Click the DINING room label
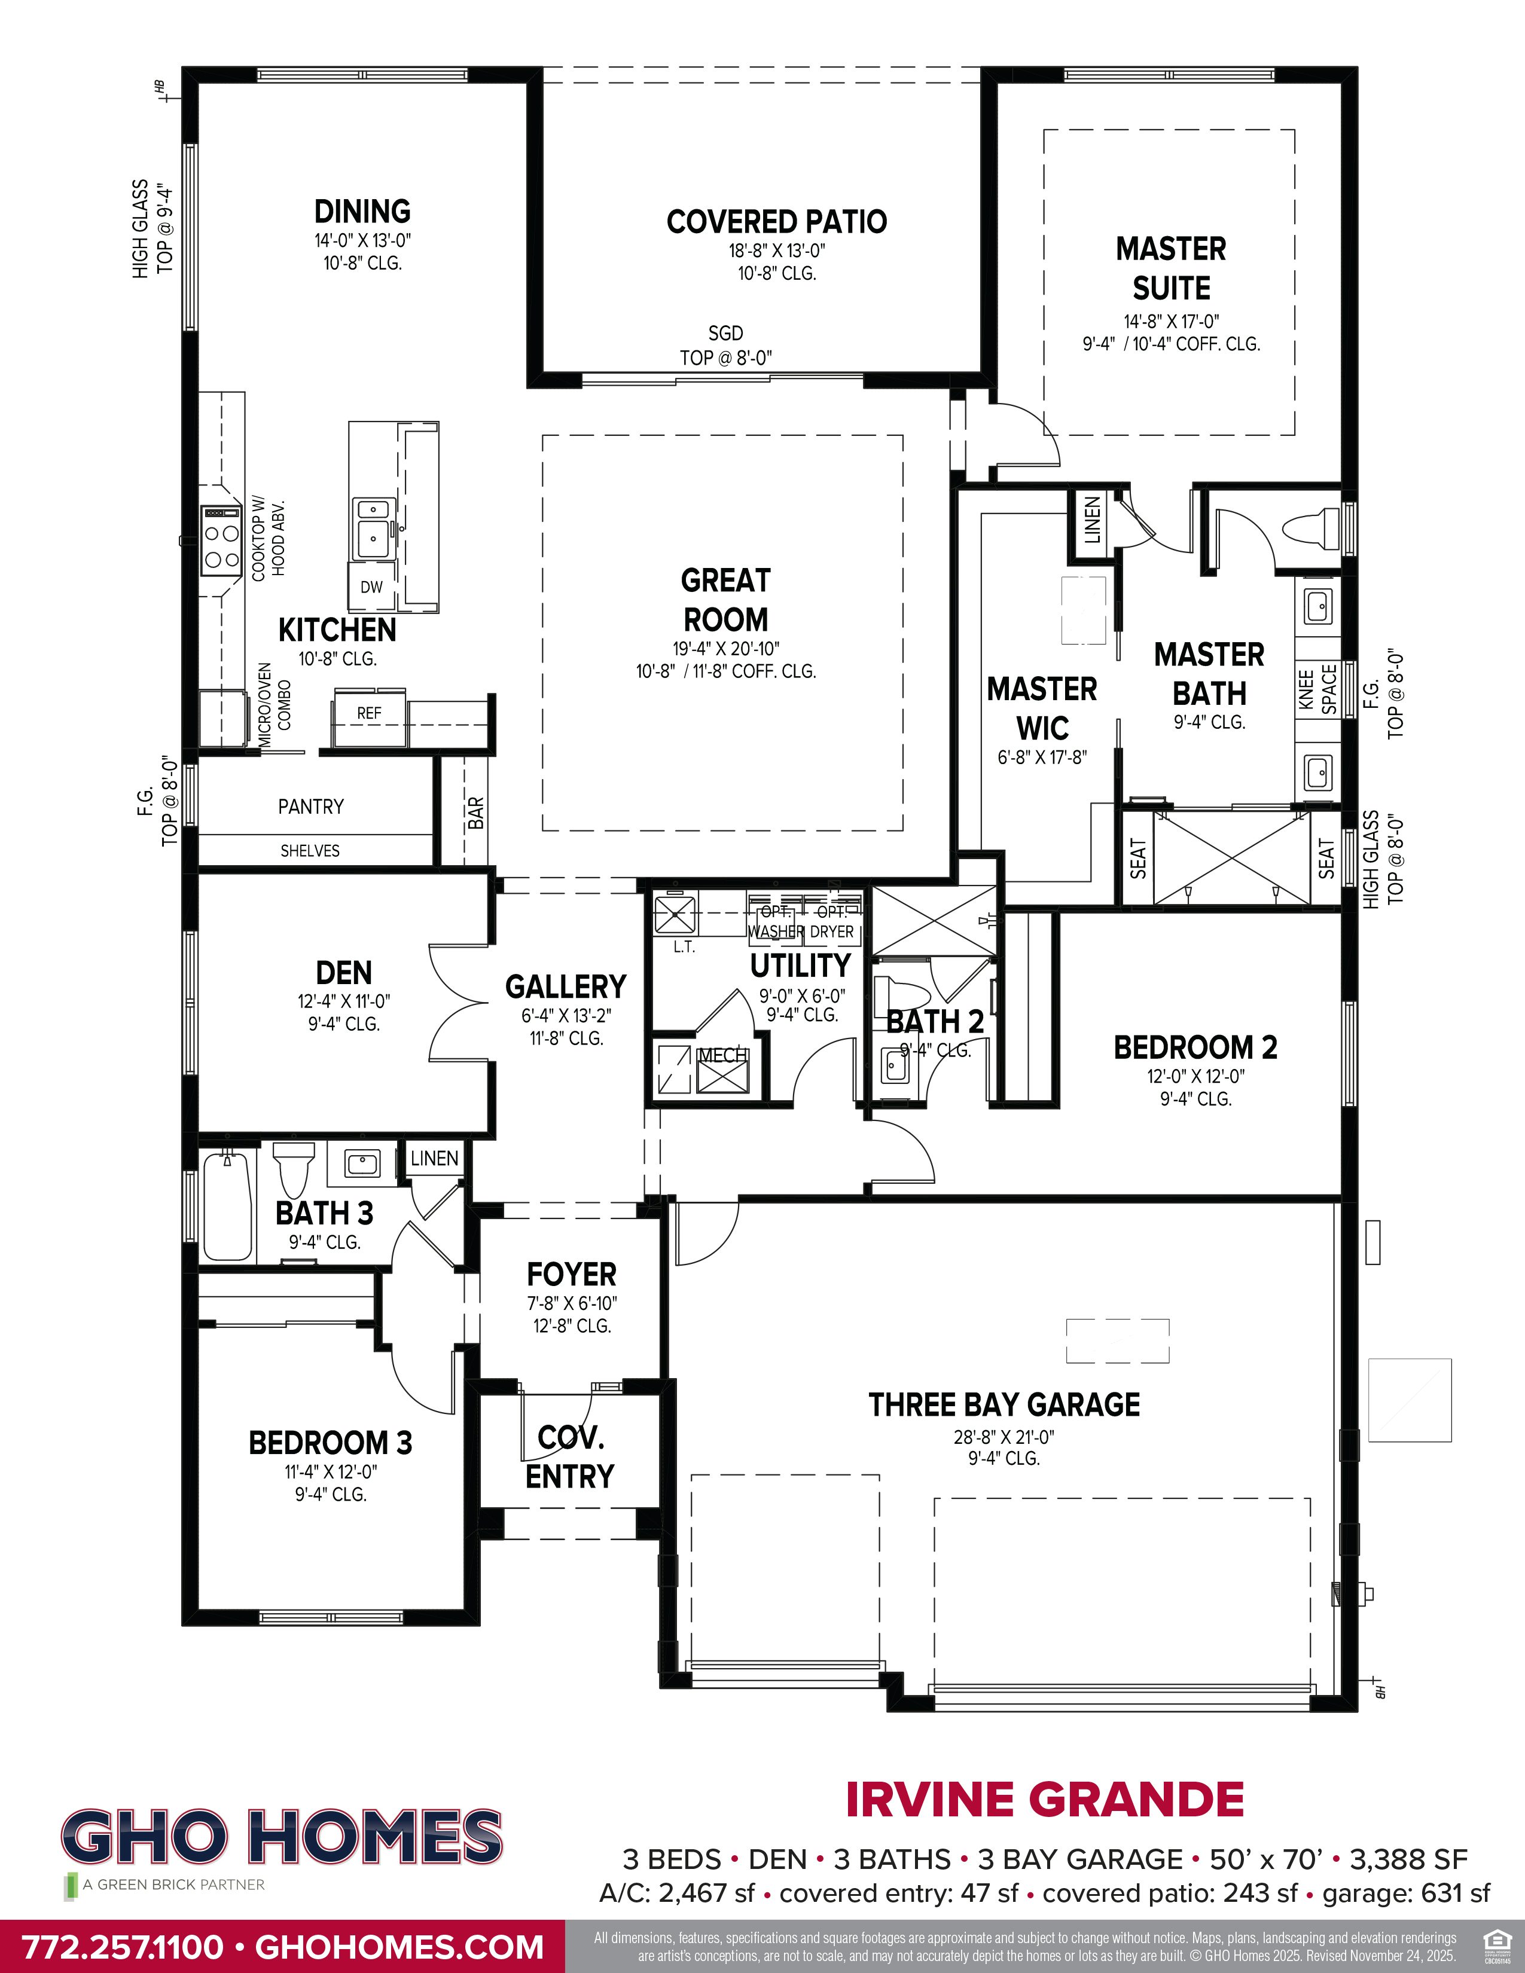click(x=362, y=212)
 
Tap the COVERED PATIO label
click(x=776, y=221)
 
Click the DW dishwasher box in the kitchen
click(x=371, y=587)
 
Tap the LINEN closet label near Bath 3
click(x=435, y=1158)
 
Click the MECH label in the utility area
click(x=721, y=1055)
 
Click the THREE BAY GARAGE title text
click(x=1004, y=1405)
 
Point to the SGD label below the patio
click(x=725, y=334)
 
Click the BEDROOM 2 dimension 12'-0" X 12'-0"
click(x=1195, y=1076)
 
